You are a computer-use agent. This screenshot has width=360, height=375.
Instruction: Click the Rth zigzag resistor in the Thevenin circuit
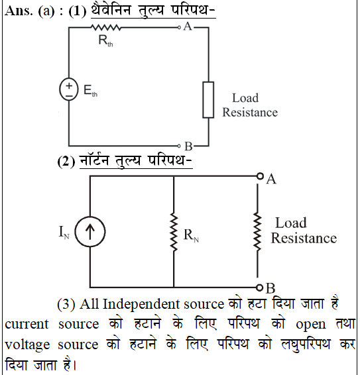[x=106, y=28]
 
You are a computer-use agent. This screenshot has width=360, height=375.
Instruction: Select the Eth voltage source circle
[x=69, y=89]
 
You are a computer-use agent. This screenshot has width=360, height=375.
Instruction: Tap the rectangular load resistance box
[x=208, y=100]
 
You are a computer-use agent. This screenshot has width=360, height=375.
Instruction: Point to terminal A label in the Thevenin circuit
[x=188, y=27]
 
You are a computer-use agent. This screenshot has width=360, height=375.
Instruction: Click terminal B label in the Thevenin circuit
[x=188, y=146]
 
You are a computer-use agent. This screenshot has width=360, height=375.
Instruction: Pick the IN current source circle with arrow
[x=90, y=231]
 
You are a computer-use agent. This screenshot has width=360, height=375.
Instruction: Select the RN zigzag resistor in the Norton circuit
[x=174, y=233]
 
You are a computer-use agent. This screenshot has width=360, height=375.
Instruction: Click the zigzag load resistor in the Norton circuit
[x=257, y=232]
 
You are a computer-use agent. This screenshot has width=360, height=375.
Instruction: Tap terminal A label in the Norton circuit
[x=271, y=179]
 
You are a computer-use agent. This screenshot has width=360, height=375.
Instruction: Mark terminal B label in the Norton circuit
[x=270, y=288]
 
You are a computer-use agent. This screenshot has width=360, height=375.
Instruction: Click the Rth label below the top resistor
[x=105, y=40]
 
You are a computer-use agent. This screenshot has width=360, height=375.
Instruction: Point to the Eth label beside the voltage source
[x=90, y=91]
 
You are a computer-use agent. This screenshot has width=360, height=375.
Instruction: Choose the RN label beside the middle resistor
[x=191, y=235]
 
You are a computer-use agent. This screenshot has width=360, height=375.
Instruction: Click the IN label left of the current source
[x=64, y=232]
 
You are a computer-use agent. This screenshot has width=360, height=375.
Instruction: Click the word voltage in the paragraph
[x=27, y=345]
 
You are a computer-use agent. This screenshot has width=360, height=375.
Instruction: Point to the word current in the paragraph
[x=27, y=324]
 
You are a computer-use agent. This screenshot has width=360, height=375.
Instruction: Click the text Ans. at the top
[x=19, y=11]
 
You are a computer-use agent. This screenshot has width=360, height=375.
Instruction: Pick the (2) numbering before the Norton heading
[x=66, y=162]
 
